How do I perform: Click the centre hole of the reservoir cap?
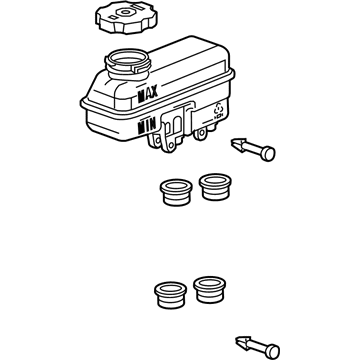pos(125,13)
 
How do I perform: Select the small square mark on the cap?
pos(113,16)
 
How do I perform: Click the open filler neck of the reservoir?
pos(127,62)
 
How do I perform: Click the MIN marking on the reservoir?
pos(147,126)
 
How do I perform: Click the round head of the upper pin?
pos(268,154)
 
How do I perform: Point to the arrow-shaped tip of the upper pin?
pos(239,144)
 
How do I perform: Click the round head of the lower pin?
pos(272,351)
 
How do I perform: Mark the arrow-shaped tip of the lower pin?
pos(243,342)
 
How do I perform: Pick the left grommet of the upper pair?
pos(176,192)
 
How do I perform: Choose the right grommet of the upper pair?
pos(215,187)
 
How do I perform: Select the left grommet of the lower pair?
pos(170,295)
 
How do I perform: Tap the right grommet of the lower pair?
pos(210,289)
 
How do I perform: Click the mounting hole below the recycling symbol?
pos(201,134)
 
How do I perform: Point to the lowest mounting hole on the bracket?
pos(170,146)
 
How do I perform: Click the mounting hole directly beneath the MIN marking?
pos(156,139)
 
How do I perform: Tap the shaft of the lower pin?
pos(258,347)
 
